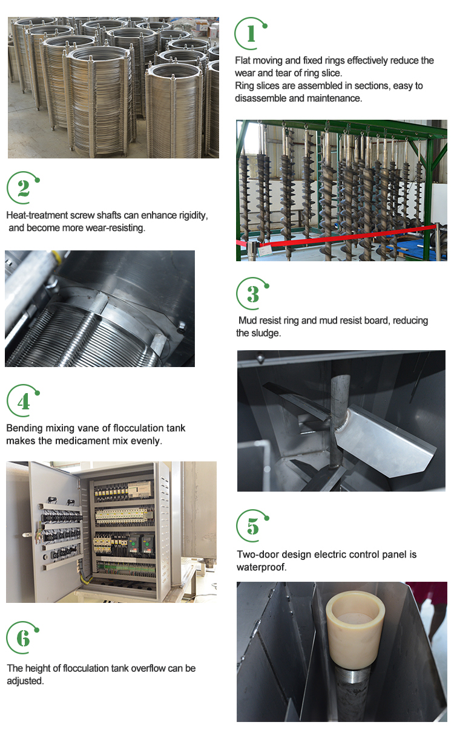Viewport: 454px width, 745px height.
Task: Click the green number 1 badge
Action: click(x=250, y=34)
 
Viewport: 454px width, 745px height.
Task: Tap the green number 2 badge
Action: click(x=23, y=188)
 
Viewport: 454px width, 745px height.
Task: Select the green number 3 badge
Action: click(x=252, y=294)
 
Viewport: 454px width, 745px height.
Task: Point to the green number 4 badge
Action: click(x=23, y=401)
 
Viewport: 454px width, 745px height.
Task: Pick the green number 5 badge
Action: click(x=252, y=526)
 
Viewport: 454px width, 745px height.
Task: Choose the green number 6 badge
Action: click(x=22, y=637)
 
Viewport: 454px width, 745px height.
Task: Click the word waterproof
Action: click(x=261, y=567)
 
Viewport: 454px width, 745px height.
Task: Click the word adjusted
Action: click(x=25, y=681)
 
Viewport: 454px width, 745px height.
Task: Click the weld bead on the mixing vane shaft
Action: click(x=343, y=422)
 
